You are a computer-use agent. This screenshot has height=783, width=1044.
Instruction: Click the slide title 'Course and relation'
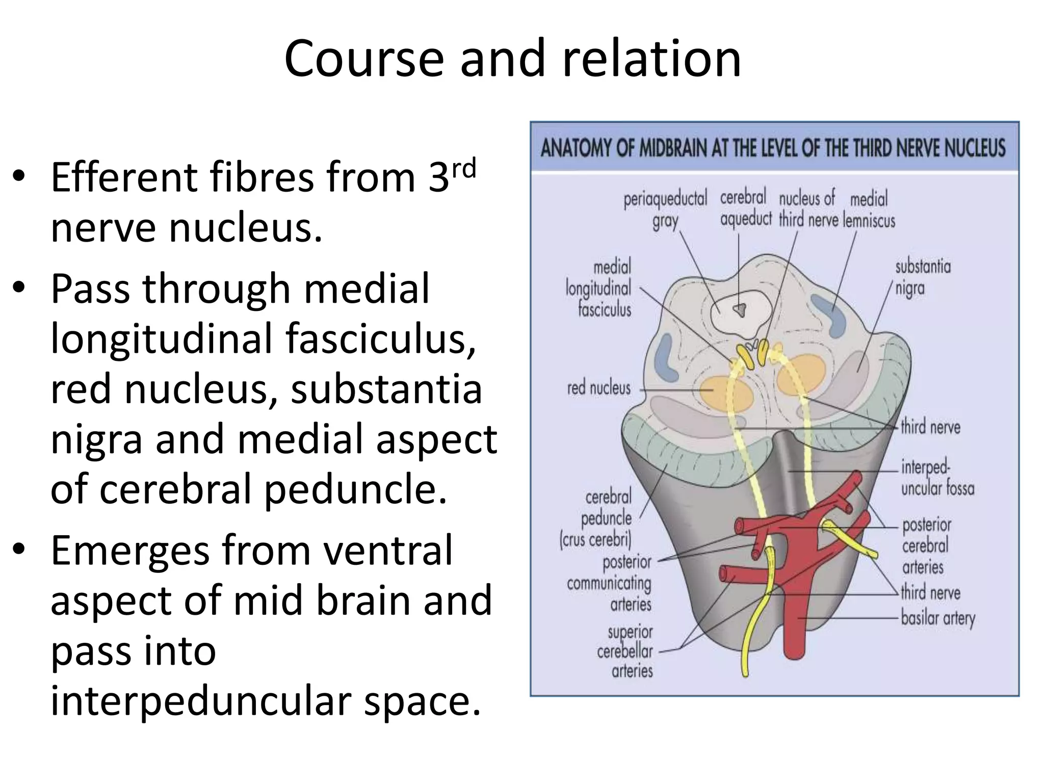click(x=512, y=59)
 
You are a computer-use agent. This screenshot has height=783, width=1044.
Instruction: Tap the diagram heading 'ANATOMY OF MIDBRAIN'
click(x=773, y=148)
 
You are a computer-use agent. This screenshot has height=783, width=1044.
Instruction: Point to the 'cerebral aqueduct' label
click(x=745, y=208)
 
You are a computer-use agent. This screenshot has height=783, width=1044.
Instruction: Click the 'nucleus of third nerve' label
click(x=807, y=208)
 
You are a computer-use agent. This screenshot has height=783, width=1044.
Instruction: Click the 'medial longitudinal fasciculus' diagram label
click(x=599, y=288)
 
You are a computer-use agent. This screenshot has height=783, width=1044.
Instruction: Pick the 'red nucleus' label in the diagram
click(x=599, y=388)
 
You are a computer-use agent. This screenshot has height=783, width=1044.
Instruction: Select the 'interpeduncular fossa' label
click(x=937, y=478)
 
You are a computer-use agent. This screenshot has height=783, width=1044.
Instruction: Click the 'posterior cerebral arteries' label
click(x=926, y=546)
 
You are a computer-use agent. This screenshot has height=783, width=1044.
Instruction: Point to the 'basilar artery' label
click(x=938, y=618)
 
